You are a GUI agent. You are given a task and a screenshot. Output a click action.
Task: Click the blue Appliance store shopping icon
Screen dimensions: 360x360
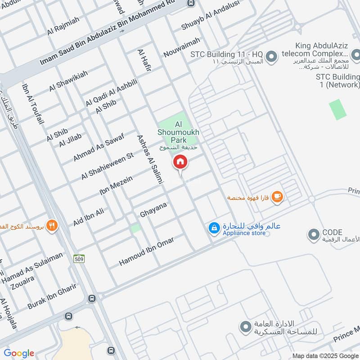pos(214,228)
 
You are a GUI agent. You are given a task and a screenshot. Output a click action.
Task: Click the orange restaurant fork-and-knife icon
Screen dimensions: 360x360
pos(53,225)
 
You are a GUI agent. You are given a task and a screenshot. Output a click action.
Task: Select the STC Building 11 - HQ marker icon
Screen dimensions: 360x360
pos(271,57)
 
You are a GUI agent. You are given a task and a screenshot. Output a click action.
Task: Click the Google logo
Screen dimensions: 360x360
pos(19,353)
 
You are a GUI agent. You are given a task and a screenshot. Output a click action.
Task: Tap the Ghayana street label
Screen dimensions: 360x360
pos(153,209)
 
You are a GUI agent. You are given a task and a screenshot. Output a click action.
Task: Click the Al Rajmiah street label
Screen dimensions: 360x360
pos(63,27)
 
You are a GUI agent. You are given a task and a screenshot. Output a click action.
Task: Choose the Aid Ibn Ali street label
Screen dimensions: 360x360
pos(89,217)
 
